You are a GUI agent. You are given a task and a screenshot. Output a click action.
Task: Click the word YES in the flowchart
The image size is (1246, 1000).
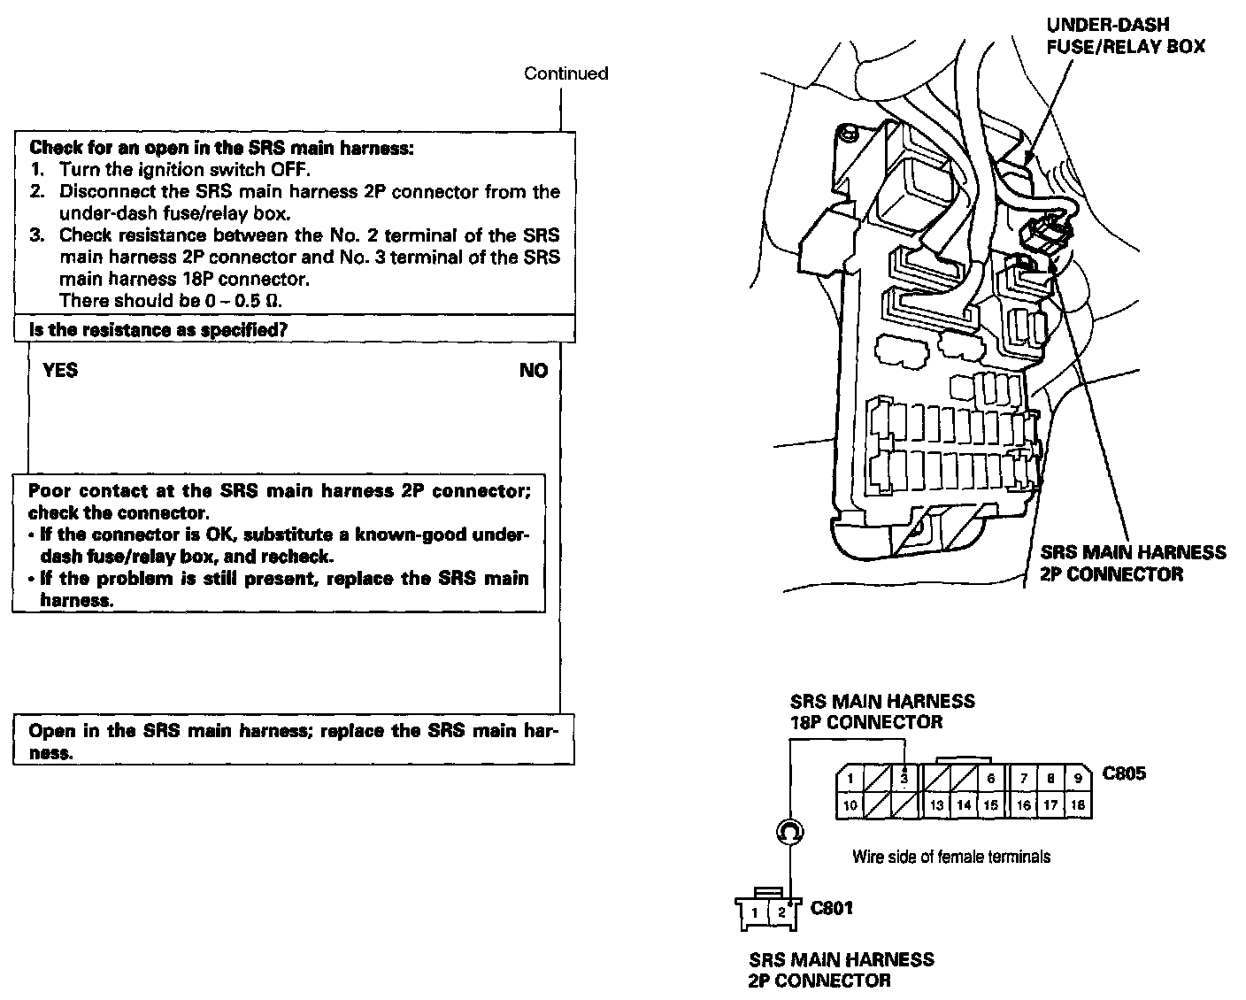60,370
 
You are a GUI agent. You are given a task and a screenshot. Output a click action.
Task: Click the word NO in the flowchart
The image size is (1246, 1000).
534,371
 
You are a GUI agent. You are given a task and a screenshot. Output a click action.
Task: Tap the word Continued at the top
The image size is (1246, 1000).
565,73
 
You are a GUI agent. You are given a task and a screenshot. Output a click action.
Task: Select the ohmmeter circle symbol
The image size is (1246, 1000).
788,831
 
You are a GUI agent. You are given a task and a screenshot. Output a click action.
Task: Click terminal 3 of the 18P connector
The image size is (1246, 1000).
904,779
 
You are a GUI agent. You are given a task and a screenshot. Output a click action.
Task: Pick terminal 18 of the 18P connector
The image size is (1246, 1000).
1077,805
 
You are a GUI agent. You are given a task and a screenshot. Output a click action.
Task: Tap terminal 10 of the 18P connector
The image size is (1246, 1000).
850,805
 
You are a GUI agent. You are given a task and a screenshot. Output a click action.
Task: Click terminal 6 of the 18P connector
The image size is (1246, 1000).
991,779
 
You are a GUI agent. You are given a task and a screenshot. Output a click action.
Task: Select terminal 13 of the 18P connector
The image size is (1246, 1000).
936,805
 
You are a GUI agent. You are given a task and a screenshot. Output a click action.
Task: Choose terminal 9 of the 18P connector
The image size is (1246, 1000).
1077,779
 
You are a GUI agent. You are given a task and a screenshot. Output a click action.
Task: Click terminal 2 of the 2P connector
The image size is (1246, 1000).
781,912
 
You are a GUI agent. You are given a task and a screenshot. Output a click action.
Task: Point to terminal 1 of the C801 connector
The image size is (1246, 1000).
753,912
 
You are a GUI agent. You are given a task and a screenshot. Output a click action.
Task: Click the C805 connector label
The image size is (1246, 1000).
1124,773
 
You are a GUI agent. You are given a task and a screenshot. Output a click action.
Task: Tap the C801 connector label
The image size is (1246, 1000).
832,907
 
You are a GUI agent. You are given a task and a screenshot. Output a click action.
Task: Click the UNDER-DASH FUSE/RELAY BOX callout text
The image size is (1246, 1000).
1125,36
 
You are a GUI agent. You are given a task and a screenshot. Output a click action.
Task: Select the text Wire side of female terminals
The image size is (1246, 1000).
951,856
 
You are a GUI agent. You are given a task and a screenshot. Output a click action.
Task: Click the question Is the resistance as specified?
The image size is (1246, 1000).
160,330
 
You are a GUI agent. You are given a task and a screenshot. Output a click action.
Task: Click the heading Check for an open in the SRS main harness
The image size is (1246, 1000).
221,148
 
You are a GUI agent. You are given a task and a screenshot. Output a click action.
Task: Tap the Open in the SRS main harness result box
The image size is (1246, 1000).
293,742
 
